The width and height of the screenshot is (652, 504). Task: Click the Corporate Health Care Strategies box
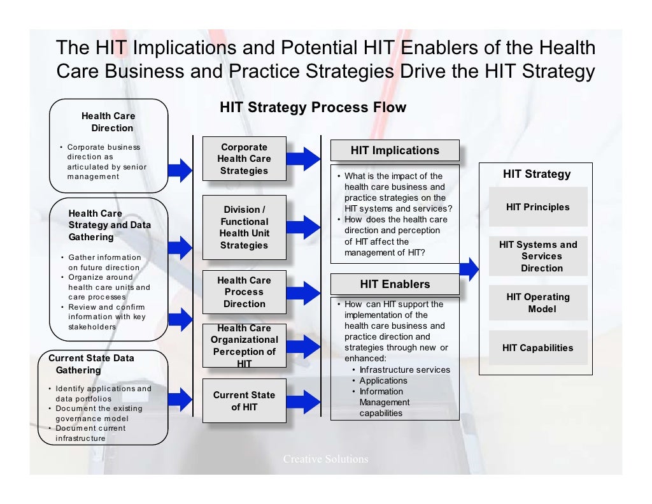(243, 159)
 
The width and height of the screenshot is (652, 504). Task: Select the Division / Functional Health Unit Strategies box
(243, 227)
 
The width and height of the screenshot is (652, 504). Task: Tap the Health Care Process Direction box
(243, 292)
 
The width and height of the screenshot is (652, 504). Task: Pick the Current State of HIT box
(244, 401)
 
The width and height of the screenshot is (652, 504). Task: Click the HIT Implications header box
(395, 150)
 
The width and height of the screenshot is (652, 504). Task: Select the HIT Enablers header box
(395, 284)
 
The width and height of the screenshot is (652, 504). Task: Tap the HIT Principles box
(538, 207)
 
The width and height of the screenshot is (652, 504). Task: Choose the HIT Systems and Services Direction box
(538, 256)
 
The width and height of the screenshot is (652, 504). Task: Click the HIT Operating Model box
(538, 303)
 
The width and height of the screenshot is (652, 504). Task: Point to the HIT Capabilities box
(538, 348)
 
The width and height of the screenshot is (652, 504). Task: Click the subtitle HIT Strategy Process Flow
(313, 107)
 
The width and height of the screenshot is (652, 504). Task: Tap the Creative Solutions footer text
(326, 459)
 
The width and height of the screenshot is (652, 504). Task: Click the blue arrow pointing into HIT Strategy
(469, 269)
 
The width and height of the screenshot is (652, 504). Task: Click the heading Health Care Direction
(108, 122)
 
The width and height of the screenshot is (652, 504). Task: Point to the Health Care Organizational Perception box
(244, 345)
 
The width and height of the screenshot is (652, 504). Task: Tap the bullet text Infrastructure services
(404, 370)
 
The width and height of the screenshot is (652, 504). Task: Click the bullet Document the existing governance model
(99, 413)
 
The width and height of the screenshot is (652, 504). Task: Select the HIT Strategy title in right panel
(537, 174)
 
